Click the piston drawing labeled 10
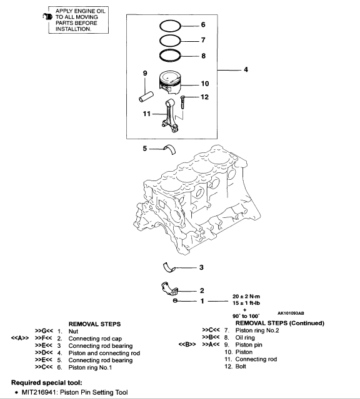tap(170, 81)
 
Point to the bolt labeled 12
tap(182, 102)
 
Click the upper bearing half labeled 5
tap(169, 149)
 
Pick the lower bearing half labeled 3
tap(169, 267)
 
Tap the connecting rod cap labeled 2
tap(169, 289)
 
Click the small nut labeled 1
tap(175, 301)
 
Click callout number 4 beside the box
tap(246, 69)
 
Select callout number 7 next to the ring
tap(203, 40)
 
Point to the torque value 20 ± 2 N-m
tap(246, 297)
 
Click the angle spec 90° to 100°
tap(246, 316)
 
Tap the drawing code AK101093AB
tap(291, 313)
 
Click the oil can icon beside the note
tap(47, 17)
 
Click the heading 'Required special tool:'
tap(47, 383)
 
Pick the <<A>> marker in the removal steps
tap(19, 338)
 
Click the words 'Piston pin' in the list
tap(249, 345)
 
